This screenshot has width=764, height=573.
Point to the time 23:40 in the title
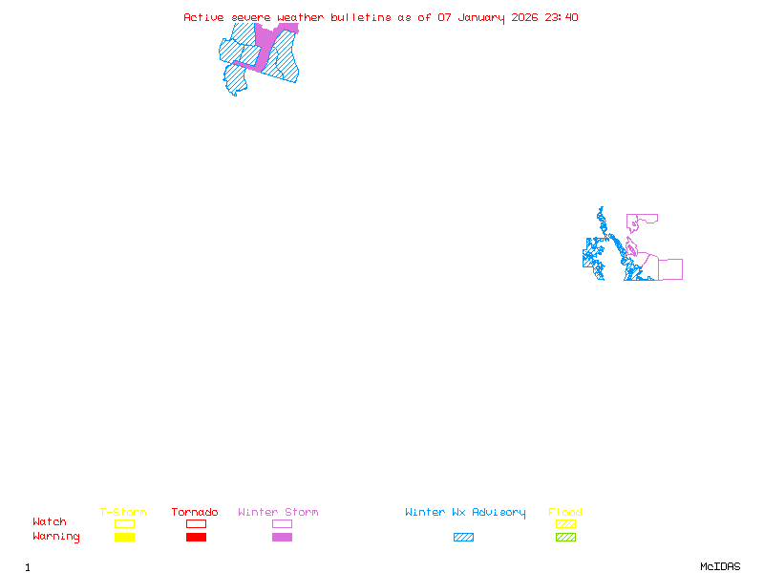pyautogui.click(x=562, y=17)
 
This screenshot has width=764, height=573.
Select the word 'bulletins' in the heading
pyautogui.click(x=360, y=17)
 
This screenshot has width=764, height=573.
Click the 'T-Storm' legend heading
pyautogui.click(x=123, y=512)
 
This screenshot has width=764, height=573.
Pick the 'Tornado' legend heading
pyautogui.click(x=195, y=512)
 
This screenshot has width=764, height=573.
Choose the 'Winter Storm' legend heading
pyautogui.click(x=278, y=512)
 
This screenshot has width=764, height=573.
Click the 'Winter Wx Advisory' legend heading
pyautogui.click(x=465, y=512)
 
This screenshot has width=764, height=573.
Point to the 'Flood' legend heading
pyautogui.click(x=565, y=512)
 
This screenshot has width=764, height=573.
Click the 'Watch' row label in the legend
pyautogui.click(x=50, y=522)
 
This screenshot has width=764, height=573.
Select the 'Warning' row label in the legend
pyautogui.click(x=56, y=537)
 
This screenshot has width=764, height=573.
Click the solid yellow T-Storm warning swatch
pyautogui.click(x=124, y=538)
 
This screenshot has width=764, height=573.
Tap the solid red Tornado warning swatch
pyautogui.click(x=196, y=538)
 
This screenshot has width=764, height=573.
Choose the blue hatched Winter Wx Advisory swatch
pyautogui.click(x=463, y=538)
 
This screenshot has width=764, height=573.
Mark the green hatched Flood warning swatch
pyautogui.click(x=565, y=538)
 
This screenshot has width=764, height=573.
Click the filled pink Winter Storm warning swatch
pyautogui.click(x=282, y=538)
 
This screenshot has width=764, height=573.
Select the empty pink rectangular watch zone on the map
pyautogui.click(x=670, y=269)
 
